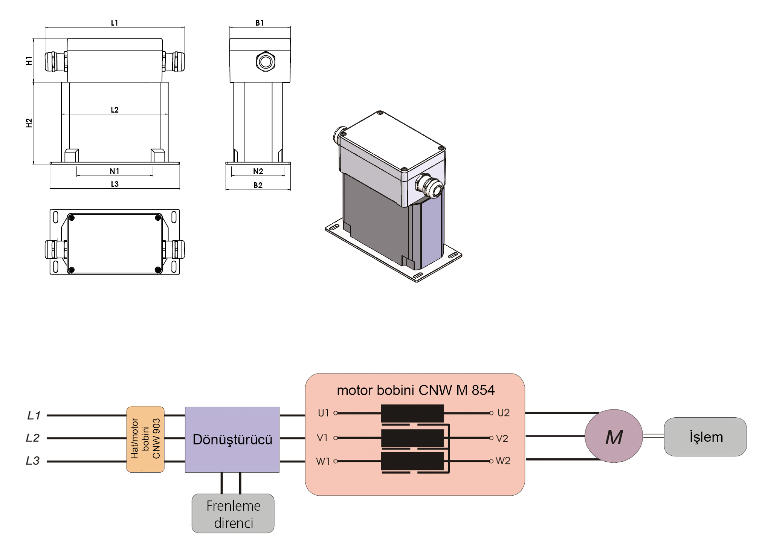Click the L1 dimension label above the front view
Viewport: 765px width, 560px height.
[x=115, y=23]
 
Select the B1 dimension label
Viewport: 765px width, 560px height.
[x=260, y=23]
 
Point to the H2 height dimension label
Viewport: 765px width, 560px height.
[x=29, y=123]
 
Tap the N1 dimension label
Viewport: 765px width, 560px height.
[x=115, y=171]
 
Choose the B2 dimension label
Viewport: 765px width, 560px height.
[x=258, y=185]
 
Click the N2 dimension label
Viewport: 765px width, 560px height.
[x=258, y=171]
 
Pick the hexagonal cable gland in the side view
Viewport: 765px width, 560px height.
[x=266, y=62]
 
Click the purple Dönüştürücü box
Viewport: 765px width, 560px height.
[x=232, y=439]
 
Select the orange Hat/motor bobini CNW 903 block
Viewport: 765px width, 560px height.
[x=145, y=439]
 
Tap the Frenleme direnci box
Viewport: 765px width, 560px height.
[x=233, y=514]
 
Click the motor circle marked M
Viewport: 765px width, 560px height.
[x=614, y=436]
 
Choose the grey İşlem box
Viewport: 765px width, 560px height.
[x=705, y=437]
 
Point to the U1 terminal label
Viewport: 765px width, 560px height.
[x=324, y=413]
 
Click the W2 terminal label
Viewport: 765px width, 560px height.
[x=503, y=461]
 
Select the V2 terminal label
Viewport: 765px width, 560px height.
[x=502, y=438]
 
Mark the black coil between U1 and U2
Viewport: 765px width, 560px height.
[x=412, y=414]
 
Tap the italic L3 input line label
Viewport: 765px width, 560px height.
[x=33, y=461]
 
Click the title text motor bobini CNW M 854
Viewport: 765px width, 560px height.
[x=415, y=390]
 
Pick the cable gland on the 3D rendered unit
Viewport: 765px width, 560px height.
[x=430, y=186]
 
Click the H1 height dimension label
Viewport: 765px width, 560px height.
[x=29, y=61]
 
